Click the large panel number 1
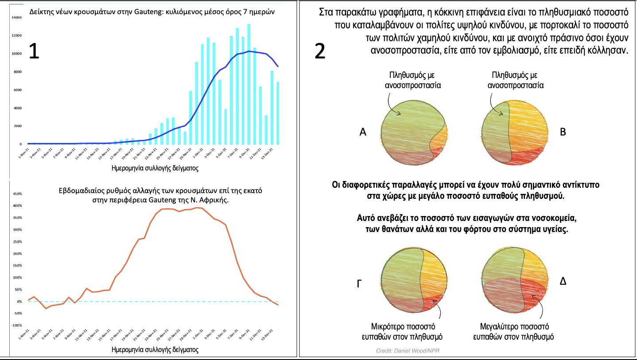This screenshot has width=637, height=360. (x=34, y=52)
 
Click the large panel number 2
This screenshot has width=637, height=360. (x=320, y=52)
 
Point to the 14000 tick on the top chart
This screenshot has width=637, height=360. (x=17, y=17)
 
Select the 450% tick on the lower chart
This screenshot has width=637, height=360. (x=17, y=194)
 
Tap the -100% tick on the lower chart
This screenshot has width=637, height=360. (x=16, y=325)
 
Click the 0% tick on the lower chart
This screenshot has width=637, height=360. (x=19, y=302)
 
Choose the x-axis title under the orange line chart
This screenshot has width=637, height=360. (x=154, y=349)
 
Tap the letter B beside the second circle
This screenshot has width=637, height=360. (x=563, y=132)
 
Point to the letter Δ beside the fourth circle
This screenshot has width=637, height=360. (x=563, y=281)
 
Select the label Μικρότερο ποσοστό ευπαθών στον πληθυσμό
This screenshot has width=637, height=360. (x=402, y=332)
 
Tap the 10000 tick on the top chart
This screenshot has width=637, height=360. (x=17, y=54)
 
